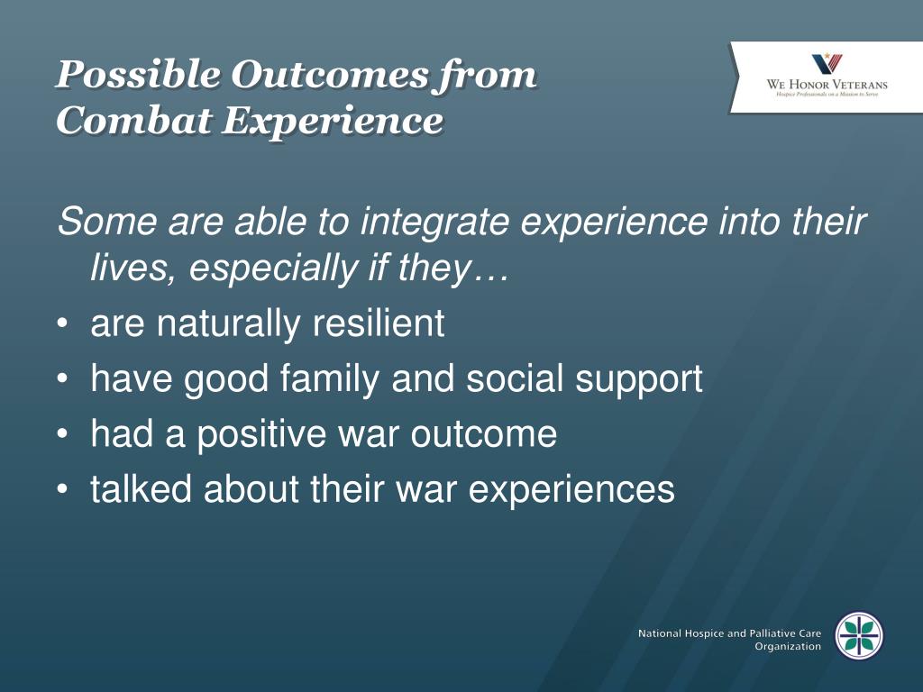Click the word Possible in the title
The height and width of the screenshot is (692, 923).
click(x=138, y=74)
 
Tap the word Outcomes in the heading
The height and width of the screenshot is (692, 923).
click(x=330, y=74)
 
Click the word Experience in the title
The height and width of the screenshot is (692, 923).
click(x=333, y=122)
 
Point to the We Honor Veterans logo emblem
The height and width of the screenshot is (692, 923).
click(x=827, y=64)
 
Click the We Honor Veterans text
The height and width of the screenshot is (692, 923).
click(x=827, y=84)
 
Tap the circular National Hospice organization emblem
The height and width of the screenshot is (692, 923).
click(x=859, y=635)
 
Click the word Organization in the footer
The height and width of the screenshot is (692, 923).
click(x=788, y=646)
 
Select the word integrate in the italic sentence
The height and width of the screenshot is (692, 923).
click(x=434, y=223)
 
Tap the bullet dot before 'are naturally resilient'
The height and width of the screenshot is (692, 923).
click(x=62, y=323)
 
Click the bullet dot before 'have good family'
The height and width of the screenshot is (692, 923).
click(x=62, y=378)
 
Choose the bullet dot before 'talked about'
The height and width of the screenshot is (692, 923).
click(x=62, y=489)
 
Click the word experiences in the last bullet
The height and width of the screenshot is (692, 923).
click(x=571, y=490)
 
